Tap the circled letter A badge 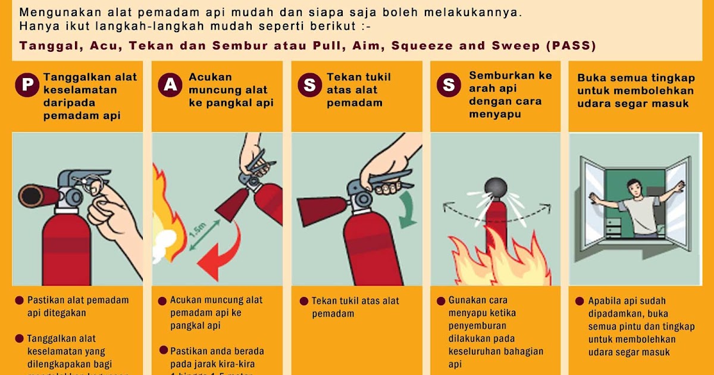[x=170, y=85]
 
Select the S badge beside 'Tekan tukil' [x=309, y=85]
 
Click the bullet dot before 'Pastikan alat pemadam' [x=20, y=300]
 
